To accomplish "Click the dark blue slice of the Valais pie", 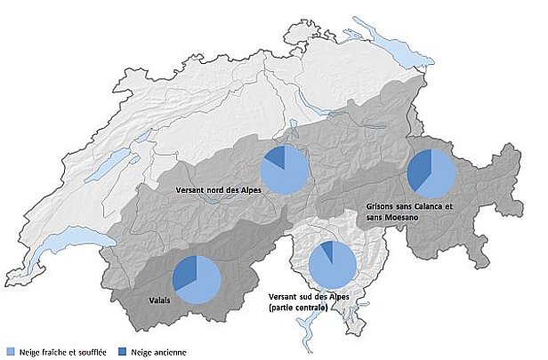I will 183,272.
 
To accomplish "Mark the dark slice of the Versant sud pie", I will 327,251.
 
